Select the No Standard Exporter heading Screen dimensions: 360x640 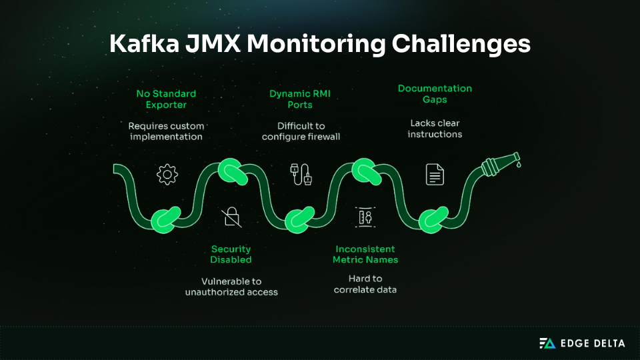pos(166,99)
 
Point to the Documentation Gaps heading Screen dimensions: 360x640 pos(435,94)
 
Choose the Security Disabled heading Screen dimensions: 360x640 pos(231,254)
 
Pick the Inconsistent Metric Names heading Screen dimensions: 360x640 pos(365,254)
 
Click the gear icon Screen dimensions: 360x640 pos(167,174)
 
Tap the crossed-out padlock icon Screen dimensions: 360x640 pos(232,216)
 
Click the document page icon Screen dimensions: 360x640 pos(435,175)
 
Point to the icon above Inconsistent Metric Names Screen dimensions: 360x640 pos(365,216)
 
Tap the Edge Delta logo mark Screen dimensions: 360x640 pos(547,343)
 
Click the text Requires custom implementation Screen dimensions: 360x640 pos(166,131)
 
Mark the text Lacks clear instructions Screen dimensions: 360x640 pos(435,129)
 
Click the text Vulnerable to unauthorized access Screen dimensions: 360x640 pos(231,286)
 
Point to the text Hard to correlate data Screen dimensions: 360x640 pos(365,284)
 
